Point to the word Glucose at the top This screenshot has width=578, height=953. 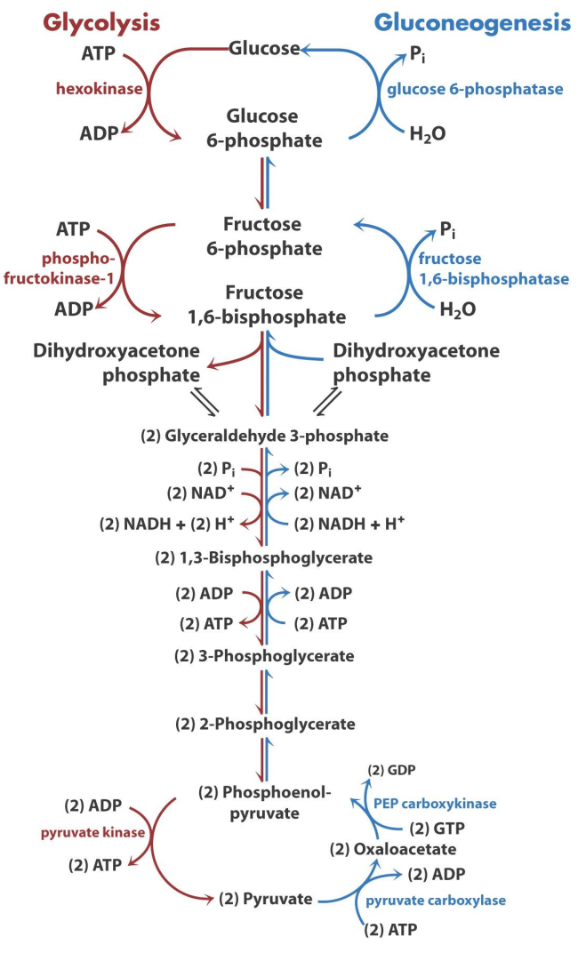pos(264,48)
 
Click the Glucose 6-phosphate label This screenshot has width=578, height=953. pos(263,128)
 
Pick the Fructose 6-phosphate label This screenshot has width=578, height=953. pos(264,236)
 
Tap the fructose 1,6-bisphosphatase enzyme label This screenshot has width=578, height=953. pos(493,268)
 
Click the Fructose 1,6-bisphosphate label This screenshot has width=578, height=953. pos(264,304)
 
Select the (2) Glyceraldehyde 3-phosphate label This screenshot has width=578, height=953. pos(264,436)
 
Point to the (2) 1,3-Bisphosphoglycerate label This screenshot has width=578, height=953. pos(264,558)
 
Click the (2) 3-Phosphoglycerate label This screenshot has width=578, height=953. pos(264,656)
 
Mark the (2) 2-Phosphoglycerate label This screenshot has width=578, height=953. pos(264,724)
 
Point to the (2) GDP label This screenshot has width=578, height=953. pos(392,769)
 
